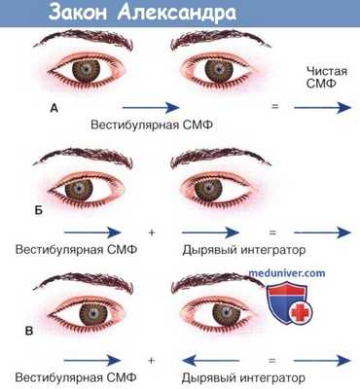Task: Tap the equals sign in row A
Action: pyautogui.click(x=274, y=105)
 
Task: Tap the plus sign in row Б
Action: pyautogui.click(x=152, y=233)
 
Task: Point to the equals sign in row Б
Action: pyautogui.click(x=274, y=233)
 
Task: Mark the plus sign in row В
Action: pyautogui.click(x=152, y=360)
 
